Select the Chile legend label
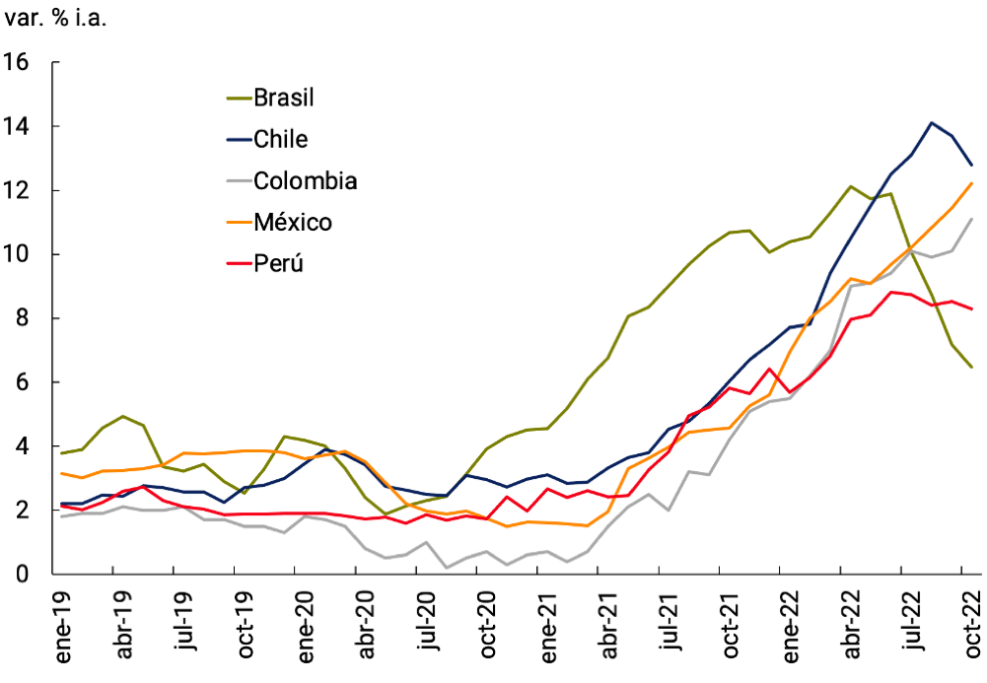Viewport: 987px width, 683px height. coord(281,139)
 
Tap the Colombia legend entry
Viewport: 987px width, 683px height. coord(305,181)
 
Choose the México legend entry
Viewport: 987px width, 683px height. coord(293,223)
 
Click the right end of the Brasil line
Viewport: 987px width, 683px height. coord(973,368)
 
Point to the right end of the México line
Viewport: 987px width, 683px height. coord(973,183)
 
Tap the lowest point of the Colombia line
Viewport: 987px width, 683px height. coord(447,568)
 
